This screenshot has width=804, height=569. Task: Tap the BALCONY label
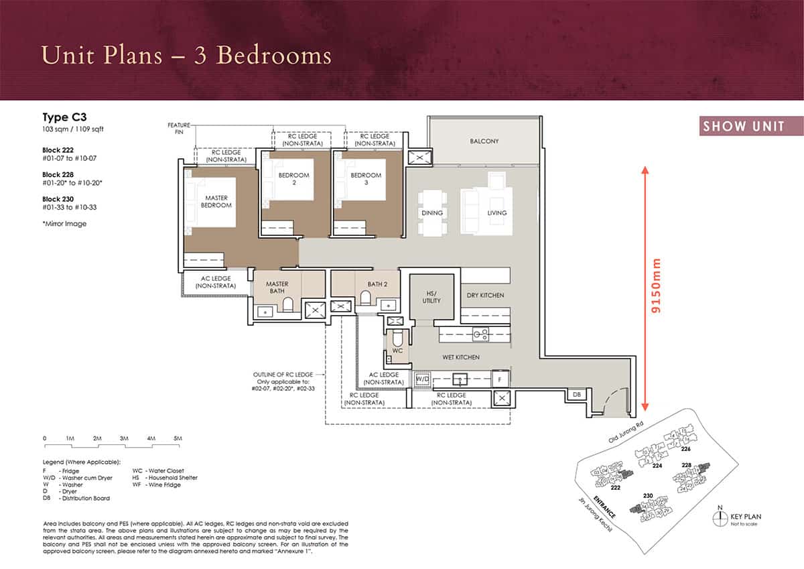[484, 141]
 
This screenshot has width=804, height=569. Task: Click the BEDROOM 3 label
[366, 180]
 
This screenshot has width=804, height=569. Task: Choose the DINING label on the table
[432, 213]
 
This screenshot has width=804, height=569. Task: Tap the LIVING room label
[497, 213]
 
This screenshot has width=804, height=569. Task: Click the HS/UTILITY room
[432, 297]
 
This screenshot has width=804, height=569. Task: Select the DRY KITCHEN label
[485, 296]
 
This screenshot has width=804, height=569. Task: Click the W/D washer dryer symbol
[423, 379]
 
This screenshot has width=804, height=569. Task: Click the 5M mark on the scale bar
[178, 438]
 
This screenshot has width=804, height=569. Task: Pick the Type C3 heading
[64, 116]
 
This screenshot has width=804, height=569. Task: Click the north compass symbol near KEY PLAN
[720, 517]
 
